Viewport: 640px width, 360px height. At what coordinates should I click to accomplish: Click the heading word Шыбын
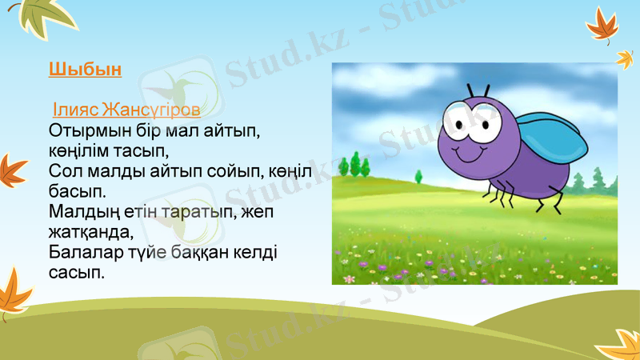[85, 69]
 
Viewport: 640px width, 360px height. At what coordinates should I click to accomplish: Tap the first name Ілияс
[73, 109]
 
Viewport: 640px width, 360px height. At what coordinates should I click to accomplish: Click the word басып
[77, 191]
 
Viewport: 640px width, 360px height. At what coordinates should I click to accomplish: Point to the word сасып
[77, 273]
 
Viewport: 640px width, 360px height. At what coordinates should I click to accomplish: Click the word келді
[257, 253]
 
